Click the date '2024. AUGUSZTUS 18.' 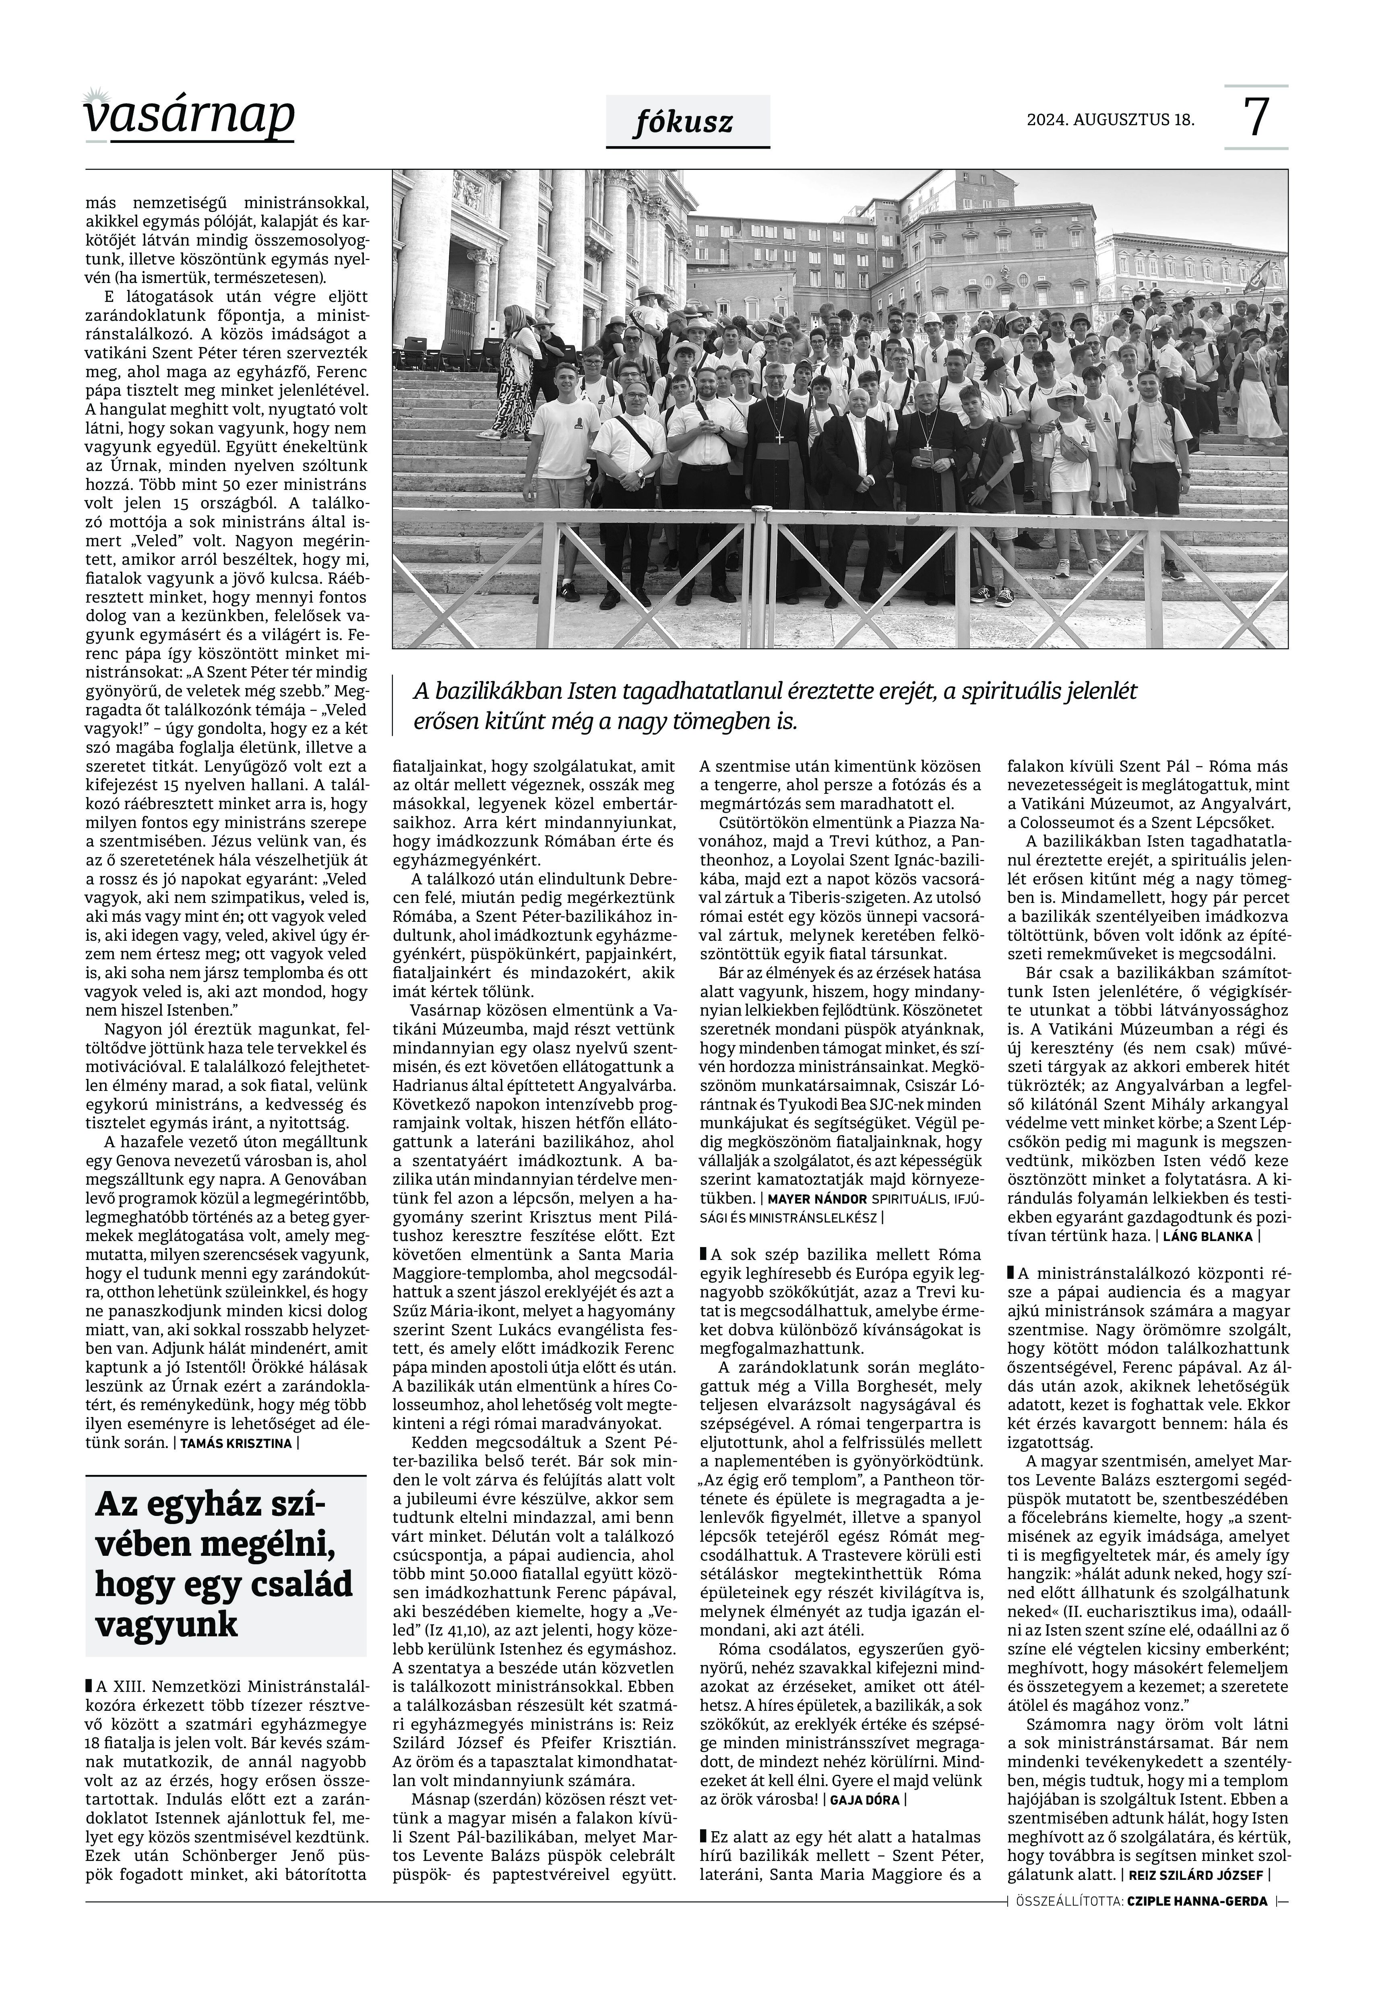(1111, 120)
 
